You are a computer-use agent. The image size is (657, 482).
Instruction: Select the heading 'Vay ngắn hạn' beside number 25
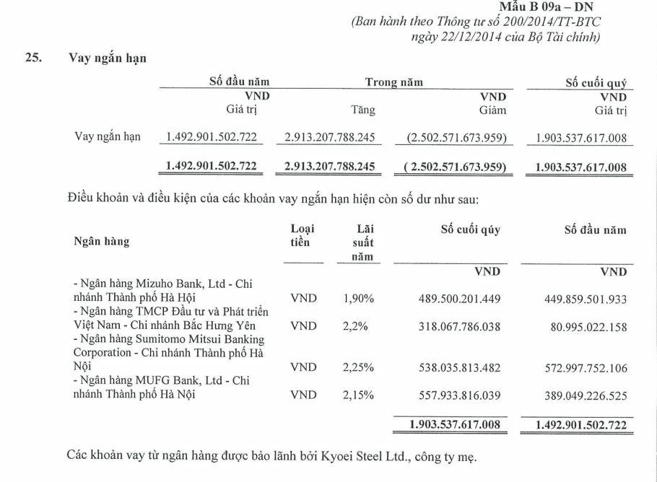tap(108, 59)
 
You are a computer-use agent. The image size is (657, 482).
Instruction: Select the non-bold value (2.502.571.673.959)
tap(452, 137)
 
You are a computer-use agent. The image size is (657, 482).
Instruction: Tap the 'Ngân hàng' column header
tap(101, 242)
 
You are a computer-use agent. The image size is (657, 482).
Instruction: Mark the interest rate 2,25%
tap(358, 367)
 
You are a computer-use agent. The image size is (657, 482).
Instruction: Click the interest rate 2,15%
tap(358, 395)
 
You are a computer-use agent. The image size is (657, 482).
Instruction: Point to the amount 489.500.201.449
tap(459, 297)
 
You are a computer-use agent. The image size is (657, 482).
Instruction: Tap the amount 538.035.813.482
tap(459, 367)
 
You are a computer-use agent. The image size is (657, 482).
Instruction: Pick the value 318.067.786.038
tap(459, 325)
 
